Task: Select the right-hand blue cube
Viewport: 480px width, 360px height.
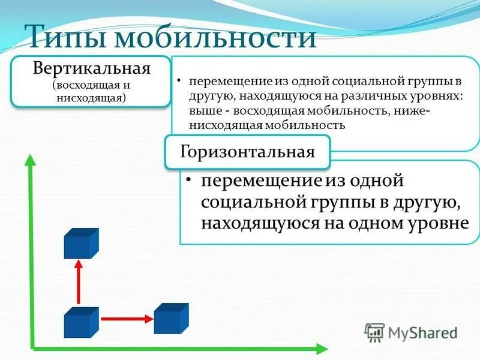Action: coord(171,318)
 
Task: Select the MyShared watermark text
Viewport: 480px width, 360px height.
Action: coord(422,332)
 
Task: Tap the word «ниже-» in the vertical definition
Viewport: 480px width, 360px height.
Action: coord(412,112)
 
